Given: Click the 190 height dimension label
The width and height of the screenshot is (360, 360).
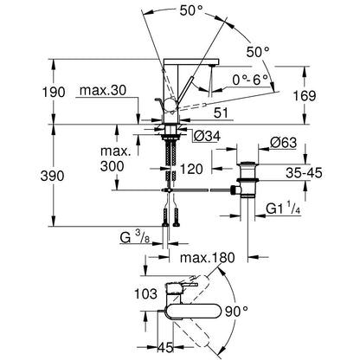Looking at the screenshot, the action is [54, 93].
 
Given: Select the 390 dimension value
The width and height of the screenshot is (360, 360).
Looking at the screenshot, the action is [52, 176].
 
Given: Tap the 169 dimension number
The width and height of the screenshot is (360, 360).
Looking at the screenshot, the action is [305, 95].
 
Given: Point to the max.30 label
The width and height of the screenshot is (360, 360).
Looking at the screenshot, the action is [103, 91].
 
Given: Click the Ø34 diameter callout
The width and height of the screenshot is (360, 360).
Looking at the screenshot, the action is [207, 136].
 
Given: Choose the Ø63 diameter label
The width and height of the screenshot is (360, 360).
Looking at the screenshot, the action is [284, 143].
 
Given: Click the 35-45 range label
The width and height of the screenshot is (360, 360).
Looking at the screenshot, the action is [304, 173].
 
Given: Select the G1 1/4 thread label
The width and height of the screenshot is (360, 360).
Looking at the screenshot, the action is [283, 209].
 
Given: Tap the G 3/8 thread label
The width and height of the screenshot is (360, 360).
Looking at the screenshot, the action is [135, 238].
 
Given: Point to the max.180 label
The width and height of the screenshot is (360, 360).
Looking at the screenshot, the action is [208, 258].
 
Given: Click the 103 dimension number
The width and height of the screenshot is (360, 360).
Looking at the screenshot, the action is [146, 293].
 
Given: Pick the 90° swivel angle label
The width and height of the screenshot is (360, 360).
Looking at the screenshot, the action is [236, 312].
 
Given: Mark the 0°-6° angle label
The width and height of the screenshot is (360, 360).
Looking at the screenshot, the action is [250, 80].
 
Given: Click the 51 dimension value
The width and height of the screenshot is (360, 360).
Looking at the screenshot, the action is [222, 113].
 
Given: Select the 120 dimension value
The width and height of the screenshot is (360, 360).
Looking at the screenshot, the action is [191, 169].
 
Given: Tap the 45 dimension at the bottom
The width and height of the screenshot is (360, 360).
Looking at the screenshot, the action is [165, 347].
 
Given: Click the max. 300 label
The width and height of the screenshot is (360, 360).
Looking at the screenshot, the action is [116, 158].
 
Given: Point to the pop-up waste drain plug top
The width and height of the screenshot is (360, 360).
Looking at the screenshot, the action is [247, 164].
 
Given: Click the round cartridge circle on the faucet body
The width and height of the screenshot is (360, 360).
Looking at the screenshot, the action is [170, 105].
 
